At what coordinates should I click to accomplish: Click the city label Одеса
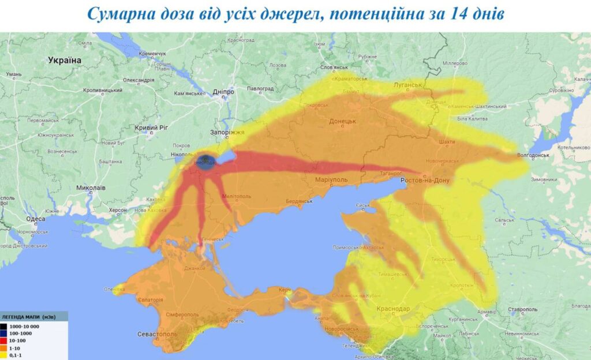(35, 219)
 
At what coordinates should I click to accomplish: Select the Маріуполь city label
(331, 180)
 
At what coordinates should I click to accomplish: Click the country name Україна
(65, 60)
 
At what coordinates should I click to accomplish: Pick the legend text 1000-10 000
(23, 327)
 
